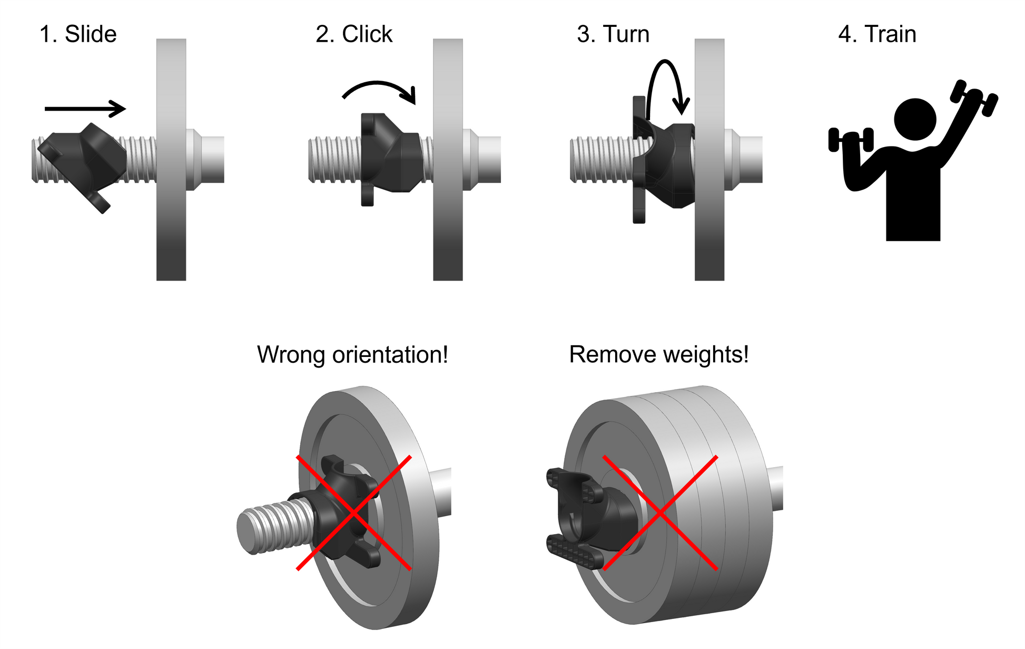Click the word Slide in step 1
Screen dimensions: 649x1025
[x=90, y=34]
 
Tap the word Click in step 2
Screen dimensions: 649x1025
[x=367, y=34]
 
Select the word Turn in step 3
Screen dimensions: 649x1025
[x=626, y=34]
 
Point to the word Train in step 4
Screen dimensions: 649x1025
[x=890, y=34]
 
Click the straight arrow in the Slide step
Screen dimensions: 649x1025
[x=85, y=109]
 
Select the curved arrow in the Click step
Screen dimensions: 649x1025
[x=379, y=87]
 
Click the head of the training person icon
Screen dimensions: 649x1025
[x=915, y=119]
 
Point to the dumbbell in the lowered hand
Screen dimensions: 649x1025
[x=851, y=140]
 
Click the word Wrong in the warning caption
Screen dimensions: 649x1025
[x=291, y=355]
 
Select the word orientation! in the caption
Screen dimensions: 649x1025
[x=390, y=355]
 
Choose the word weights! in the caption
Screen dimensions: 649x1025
[x=706, y=355]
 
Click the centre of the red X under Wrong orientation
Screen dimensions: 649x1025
[x=354, y=512]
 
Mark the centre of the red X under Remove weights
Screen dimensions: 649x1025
[x=660, y=512]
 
